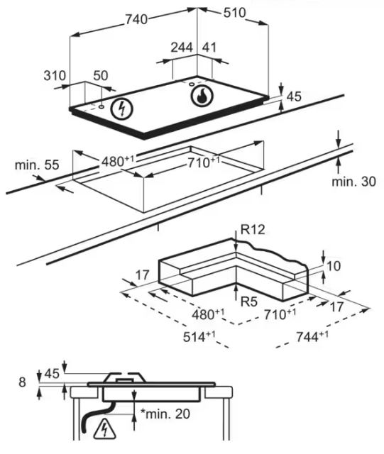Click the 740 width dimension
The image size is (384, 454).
point(136,19)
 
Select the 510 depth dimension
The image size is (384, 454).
point(234,13)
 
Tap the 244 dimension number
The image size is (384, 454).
point(182,48)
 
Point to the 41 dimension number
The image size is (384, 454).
point(209,48)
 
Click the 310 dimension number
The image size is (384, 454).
point(55,76)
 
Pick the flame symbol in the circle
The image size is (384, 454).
point(202,96)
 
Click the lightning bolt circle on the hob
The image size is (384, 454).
point(122,109)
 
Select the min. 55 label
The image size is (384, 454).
point(37,165)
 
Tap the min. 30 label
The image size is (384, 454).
point(353,182)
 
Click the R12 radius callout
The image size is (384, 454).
point(253,230)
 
